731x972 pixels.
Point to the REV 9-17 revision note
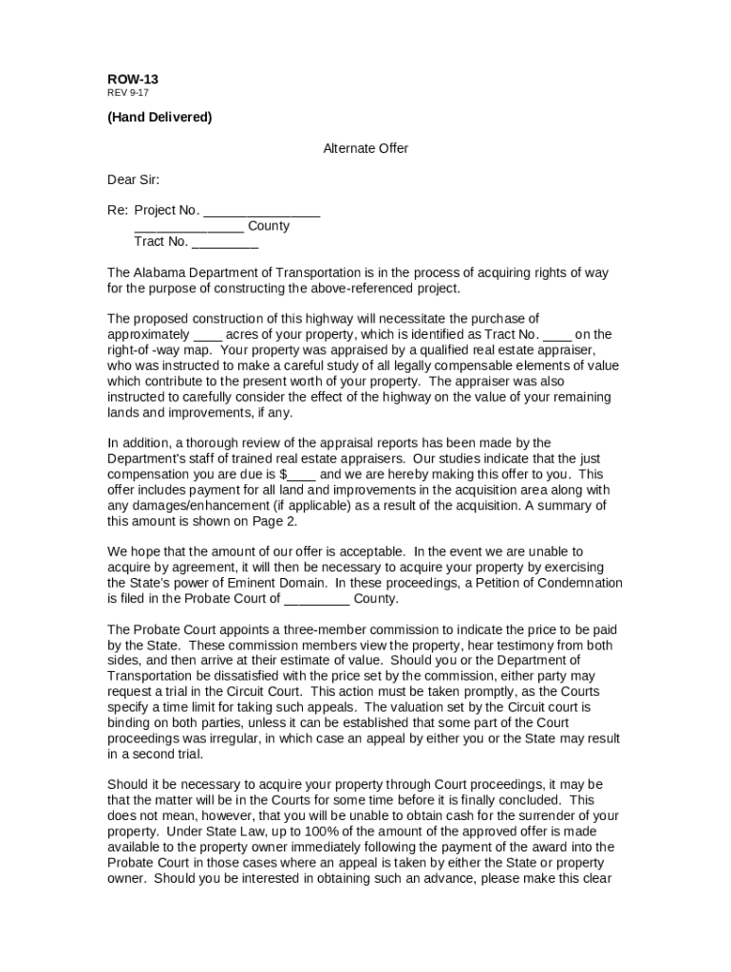(x=127, y=93)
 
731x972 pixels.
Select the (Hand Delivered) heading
(x=159, y=117)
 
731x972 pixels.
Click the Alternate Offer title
(x=365, y=148)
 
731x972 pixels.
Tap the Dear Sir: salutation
(x=134, y=179)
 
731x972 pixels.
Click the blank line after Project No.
(x=261, y=211)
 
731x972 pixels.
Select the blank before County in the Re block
(x=189, y=226)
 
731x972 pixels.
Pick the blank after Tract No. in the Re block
(x=224, y=241)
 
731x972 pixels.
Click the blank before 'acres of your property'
(x=208, y=334)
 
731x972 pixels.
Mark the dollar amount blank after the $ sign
(x=302, y=474)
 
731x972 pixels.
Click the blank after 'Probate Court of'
(x=317, y=599)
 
